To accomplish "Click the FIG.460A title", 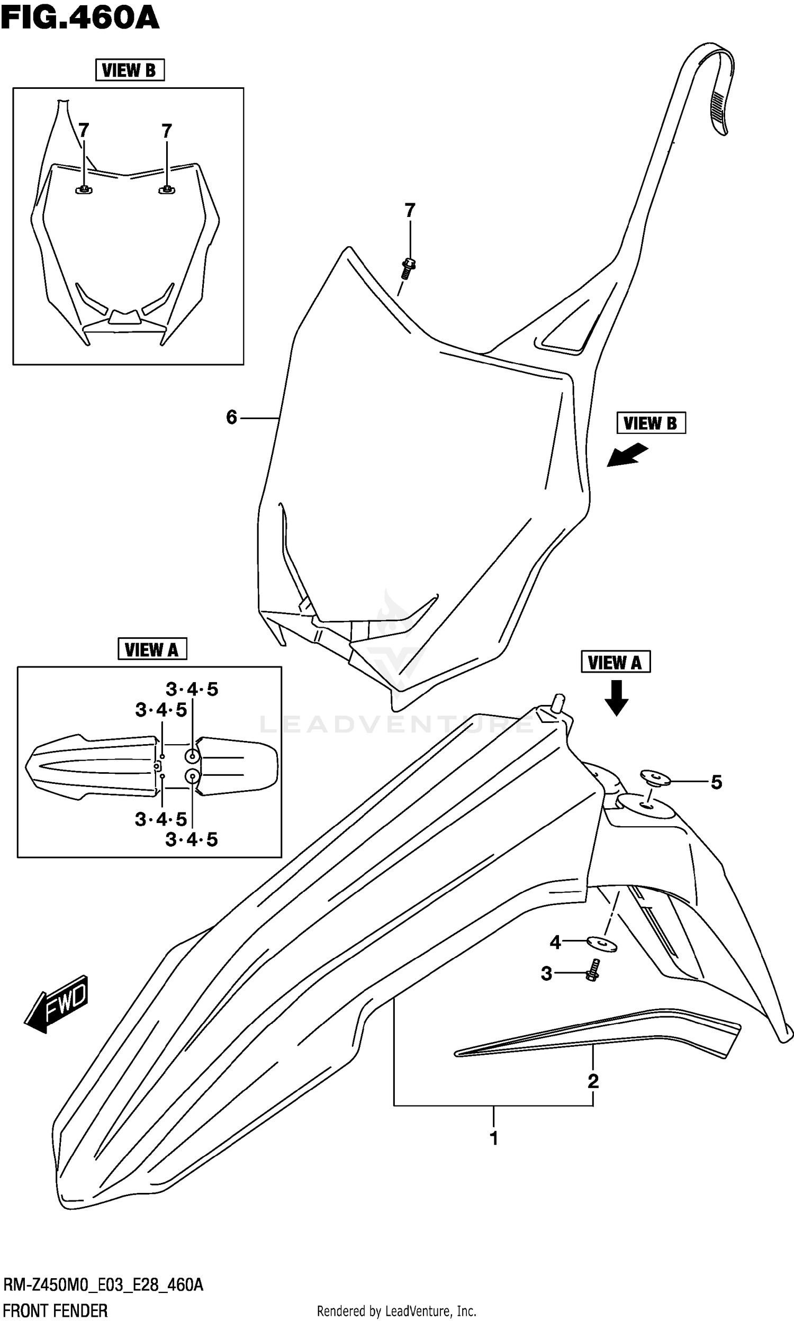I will click(80, 18).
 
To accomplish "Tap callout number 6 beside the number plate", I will click(231, 417).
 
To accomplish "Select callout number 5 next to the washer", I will click(716, 782).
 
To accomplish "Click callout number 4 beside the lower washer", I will click(555, 942).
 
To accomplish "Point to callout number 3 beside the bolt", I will click(546, 974).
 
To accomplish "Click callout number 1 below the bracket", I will click(494, 1138).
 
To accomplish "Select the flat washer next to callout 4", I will click(602, 945).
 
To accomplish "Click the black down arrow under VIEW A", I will click(616, 698).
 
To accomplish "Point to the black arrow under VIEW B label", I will click(627, 456).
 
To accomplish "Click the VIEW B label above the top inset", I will click(130, 70).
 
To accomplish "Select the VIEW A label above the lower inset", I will click(151, 649).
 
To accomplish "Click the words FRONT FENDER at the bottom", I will click(55, 1307).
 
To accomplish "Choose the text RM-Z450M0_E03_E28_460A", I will click(103, 1284).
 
